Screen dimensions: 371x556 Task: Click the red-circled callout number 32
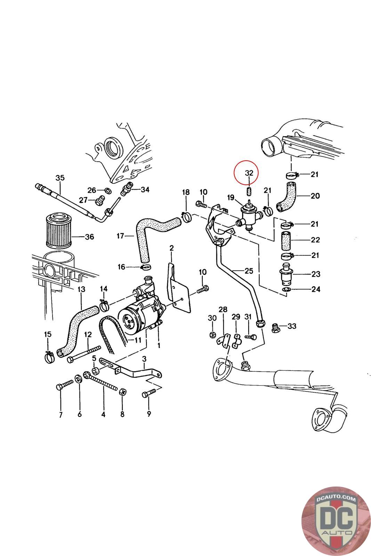pos(249,173)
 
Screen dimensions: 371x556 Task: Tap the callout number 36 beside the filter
pos(89,237)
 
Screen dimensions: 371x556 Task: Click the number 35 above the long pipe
pos(60,178)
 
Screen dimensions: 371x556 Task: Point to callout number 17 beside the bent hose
pos(120,236)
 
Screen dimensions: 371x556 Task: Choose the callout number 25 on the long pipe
pos(249,271)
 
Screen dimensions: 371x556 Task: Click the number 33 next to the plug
pos(292,326)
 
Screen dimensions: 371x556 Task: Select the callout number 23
pos(316,274)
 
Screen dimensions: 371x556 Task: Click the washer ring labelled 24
pos(286,289)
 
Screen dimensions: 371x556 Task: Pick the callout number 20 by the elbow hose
pos(315,196)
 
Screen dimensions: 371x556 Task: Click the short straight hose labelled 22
pos(286,240)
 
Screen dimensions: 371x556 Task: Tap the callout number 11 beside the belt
pos(138,340)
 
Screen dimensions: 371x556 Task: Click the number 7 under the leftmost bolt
pos(61,415)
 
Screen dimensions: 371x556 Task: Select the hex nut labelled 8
pos(122,392)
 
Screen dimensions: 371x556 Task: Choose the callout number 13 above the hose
pos(81,289)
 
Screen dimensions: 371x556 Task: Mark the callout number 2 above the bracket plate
pos(172,248)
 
